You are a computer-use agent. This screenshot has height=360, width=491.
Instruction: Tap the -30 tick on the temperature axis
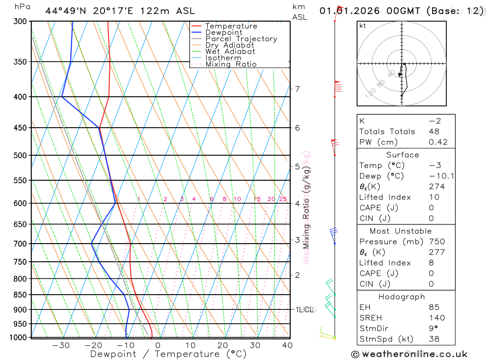(61, 345)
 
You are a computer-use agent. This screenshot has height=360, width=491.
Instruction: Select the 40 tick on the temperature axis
(287, 345)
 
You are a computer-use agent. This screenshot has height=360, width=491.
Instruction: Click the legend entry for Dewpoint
(223, 32)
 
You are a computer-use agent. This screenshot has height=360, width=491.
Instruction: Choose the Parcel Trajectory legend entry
(241, 39)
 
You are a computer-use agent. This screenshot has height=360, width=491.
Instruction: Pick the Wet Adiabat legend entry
(230, 52)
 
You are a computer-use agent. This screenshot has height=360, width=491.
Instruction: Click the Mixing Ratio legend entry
(231, 64)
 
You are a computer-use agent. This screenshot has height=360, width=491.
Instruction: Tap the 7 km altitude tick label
(298, 89)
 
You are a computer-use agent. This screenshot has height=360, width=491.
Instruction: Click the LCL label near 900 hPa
(307, 309)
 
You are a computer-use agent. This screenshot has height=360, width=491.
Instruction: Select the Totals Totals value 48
(434, 132)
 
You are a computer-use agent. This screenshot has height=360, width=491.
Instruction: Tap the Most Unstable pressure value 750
(436, 242)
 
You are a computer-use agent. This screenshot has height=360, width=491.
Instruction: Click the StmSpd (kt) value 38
(434, 339)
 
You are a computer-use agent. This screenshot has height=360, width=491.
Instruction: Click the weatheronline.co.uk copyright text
(409, 354)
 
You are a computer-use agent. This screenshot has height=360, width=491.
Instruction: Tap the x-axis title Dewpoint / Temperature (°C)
(168, 354)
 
